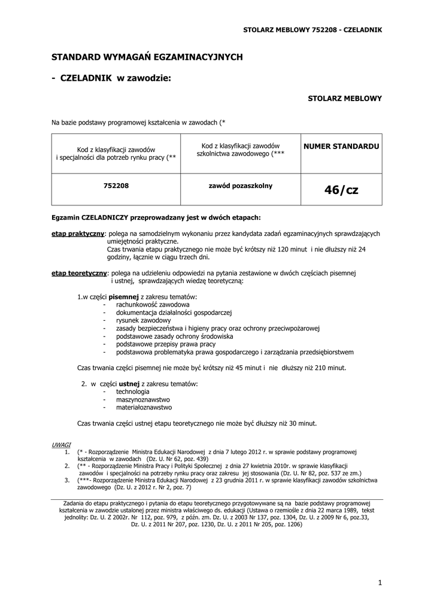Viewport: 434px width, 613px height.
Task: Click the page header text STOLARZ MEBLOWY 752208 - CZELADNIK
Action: [x=312, y=29]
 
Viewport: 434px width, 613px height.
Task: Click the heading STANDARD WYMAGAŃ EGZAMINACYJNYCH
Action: [x=147, y=57]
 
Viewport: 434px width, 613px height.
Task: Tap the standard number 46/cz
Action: [x=341, y=190]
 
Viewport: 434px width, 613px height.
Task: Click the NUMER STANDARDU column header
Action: [x=341, y=146]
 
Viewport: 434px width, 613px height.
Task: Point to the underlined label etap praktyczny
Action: [x=78, y=233]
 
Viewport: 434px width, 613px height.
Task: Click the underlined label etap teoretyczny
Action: [x=78, y=273]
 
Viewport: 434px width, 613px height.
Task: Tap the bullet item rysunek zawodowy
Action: [x=143, y=320]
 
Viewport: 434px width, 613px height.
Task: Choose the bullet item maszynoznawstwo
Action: [x=143, y=399]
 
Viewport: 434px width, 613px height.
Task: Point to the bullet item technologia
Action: [x=133, y=392]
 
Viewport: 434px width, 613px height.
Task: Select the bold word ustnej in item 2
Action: [x=129, y=383]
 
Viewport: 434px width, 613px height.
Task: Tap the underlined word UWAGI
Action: [x=61, y=445]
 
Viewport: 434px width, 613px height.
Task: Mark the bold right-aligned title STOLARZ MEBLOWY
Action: [x=344, y=98]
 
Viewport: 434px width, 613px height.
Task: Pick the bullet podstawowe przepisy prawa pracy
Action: [x=166, y=344]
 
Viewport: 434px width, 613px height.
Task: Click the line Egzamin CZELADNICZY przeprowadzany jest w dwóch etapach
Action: [x=156, y=217]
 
